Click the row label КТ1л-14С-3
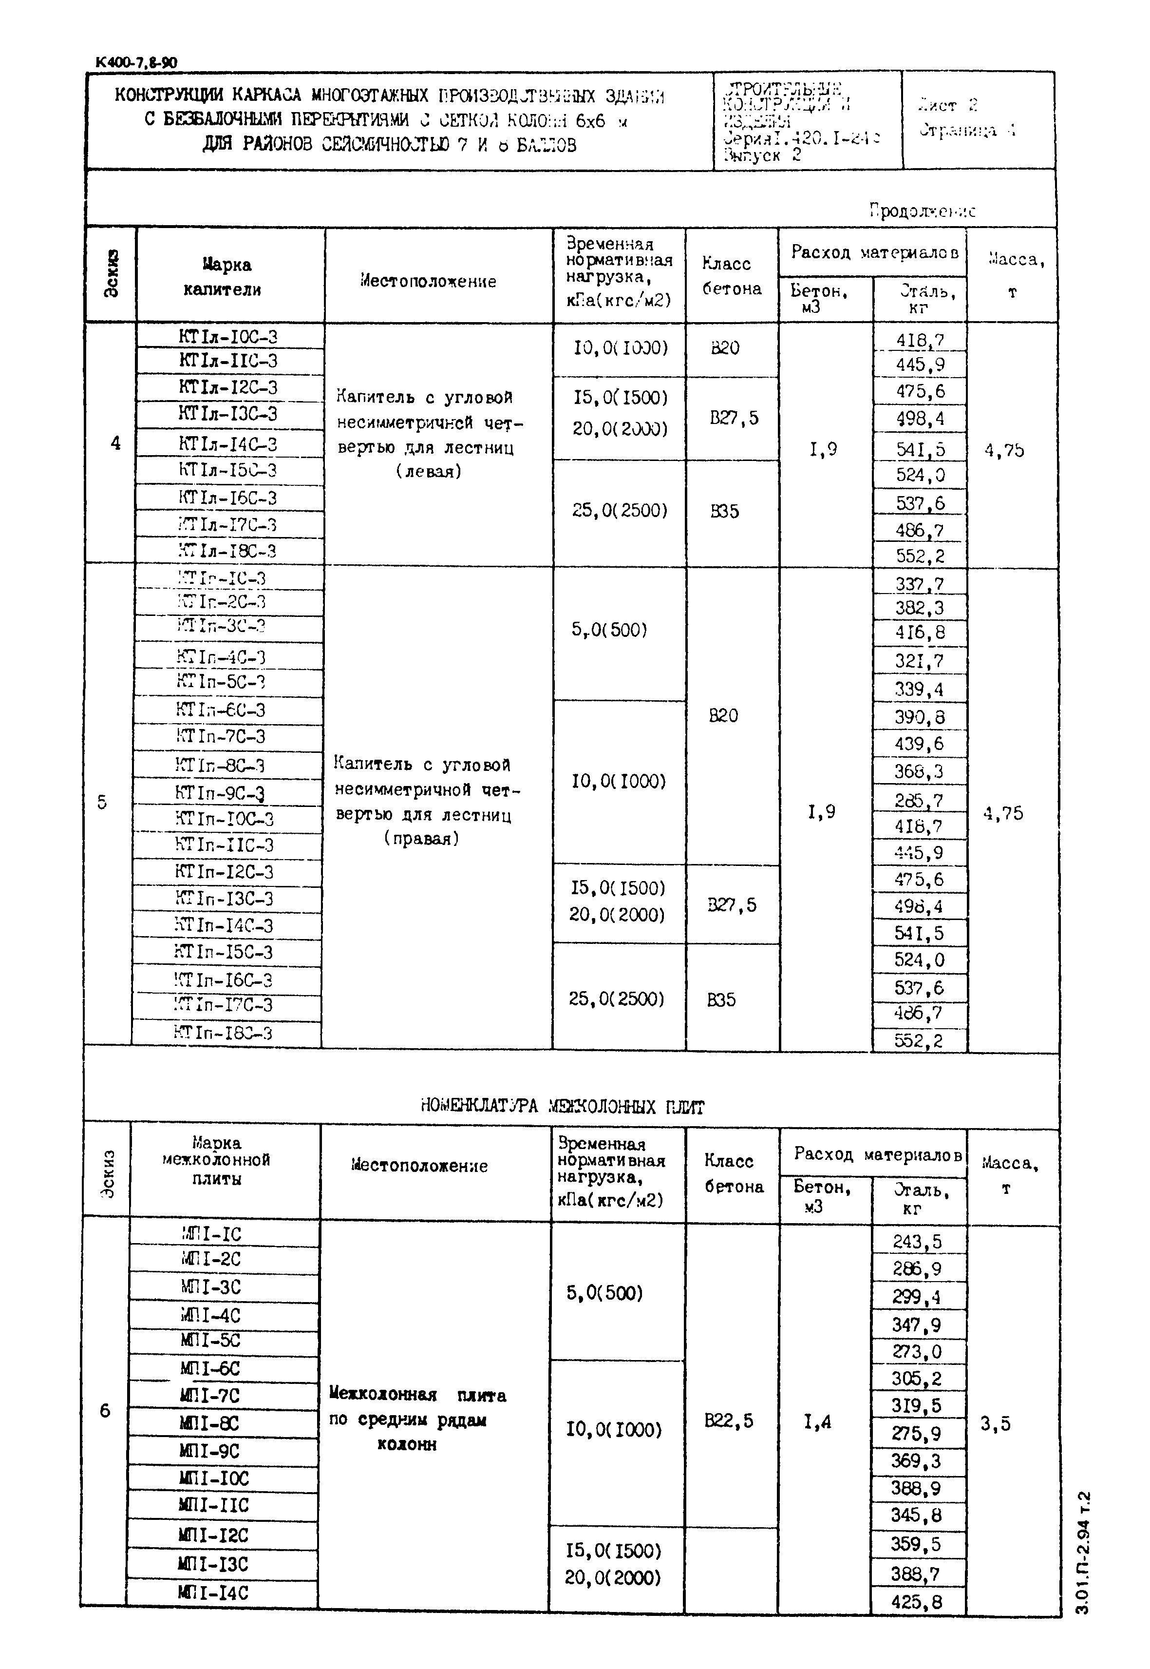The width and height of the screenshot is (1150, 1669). coord(227,443)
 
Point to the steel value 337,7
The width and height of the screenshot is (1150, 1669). coord(920,583)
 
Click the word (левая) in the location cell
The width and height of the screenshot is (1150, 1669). coord(428,472)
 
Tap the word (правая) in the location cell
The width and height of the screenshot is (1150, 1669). coord(421,839)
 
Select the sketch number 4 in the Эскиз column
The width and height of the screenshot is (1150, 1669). coord(115,443)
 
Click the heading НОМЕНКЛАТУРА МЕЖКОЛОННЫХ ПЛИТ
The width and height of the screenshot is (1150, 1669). coord(562,1106)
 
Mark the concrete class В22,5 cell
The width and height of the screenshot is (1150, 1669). coord(729,1420)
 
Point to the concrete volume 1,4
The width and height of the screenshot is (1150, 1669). coord(818,1422)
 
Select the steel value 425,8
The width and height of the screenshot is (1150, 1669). coord(917,1601)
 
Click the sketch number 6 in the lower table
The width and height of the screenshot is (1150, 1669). coord(105,1411)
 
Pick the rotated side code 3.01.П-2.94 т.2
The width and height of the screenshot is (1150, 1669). coord(1084,1551)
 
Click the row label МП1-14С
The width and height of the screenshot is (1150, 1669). coord(213,1592)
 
